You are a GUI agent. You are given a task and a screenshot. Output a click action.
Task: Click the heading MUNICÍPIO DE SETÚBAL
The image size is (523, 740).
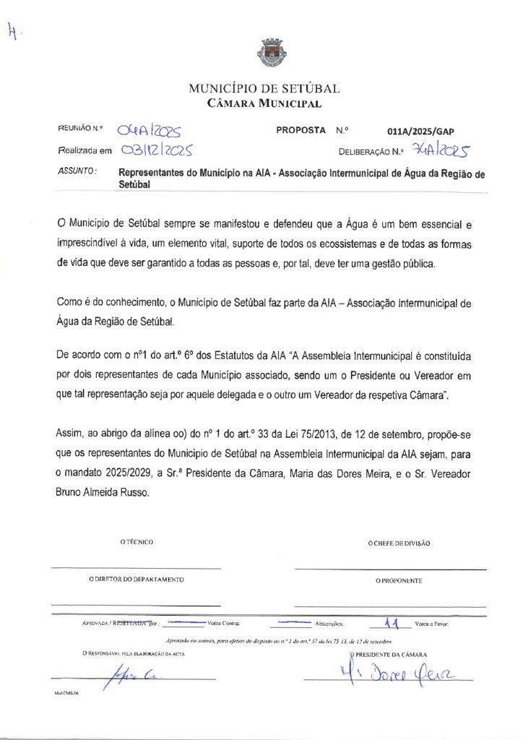coord(264,89)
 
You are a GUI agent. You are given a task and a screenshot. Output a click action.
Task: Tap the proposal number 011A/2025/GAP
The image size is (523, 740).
coord(420,132)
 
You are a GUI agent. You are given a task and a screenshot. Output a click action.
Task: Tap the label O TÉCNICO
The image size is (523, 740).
coord(137,541)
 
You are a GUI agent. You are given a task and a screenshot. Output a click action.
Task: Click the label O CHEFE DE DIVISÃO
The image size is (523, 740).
coord(398,542)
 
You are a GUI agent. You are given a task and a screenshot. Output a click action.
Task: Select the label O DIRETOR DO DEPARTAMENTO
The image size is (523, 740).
coord(136,579)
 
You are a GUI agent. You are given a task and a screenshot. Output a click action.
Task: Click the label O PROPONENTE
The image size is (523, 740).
coord(398,580)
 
